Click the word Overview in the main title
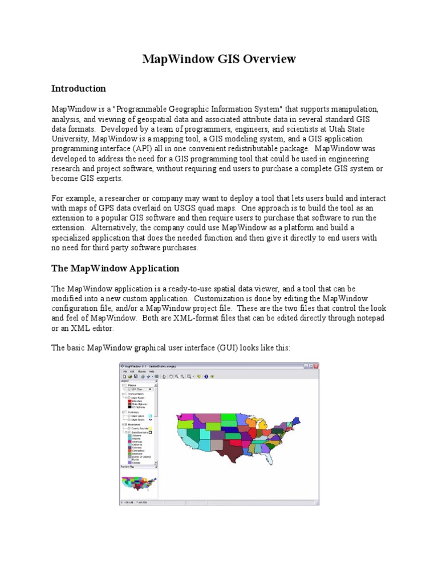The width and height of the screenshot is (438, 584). click(x=269, y=59)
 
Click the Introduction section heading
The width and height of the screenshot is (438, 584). click(x=79, y=89)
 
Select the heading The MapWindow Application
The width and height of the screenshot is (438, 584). click(x=115, y=268)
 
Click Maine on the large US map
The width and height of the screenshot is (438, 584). click(x=297, y=420)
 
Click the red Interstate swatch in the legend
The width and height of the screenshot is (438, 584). click(x=128, y=401)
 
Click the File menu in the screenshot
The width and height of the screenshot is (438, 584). click(x=124, y=371)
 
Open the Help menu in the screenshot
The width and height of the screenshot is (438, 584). click(x=152, y=371)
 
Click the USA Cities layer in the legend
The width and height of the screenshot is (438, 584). click(x=136, y=389)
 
